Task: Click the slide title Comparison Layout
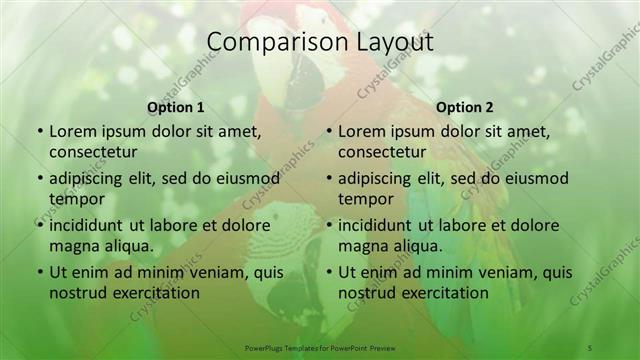[319, 42]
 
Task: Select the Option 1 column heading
[176, 107]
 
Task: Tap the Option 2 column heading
[465, 107]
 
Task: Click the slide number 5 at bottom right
[590, 346]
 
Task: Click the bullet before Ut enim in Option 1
[39, 272]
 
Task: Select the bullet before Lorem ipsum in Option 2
[329, 131]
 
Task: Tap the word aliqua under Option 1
[128, 246]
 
